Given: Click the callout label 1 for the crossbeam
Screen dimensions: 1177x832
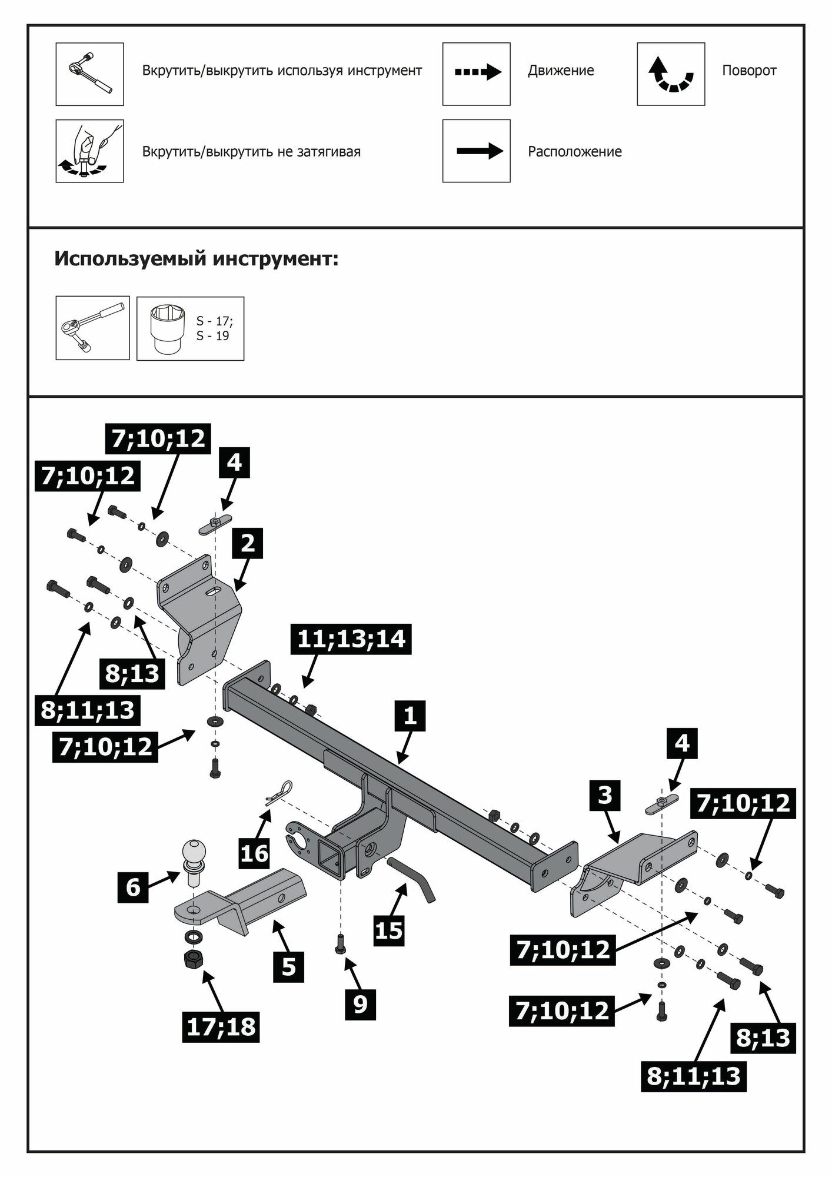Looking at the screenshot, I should click(410, 716).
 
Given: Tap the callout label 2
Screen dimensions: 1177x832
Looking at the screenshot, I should click(248, 543).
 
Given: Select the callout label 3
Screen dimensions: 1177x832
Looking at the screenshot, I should click(605, 796).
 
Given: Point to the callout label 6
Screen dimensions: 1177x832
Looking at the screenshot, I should click(133, 887).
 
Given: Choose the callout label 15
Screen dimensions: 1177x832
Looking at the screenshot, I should click(389, 930).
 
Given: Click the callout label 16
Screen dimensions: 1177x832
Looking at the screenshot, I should click(255, 853).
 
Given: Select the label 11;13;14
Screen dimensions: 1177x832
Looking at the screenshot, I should click(351, 639).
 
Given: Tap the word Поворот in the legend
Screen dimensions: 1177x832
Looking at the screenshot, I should click(749, 71).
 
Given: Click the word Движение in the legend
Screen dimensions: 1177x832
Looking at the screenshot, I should click(561, 71).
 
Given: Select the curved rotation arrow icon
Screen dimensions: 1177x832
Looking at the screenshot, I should click(671, 74).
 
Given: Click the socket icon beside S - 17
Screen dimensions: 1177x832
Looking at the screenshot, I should click(166, 328).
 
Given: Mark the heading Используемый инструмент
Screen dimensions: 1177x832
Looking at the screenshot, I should click(197, 259).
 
